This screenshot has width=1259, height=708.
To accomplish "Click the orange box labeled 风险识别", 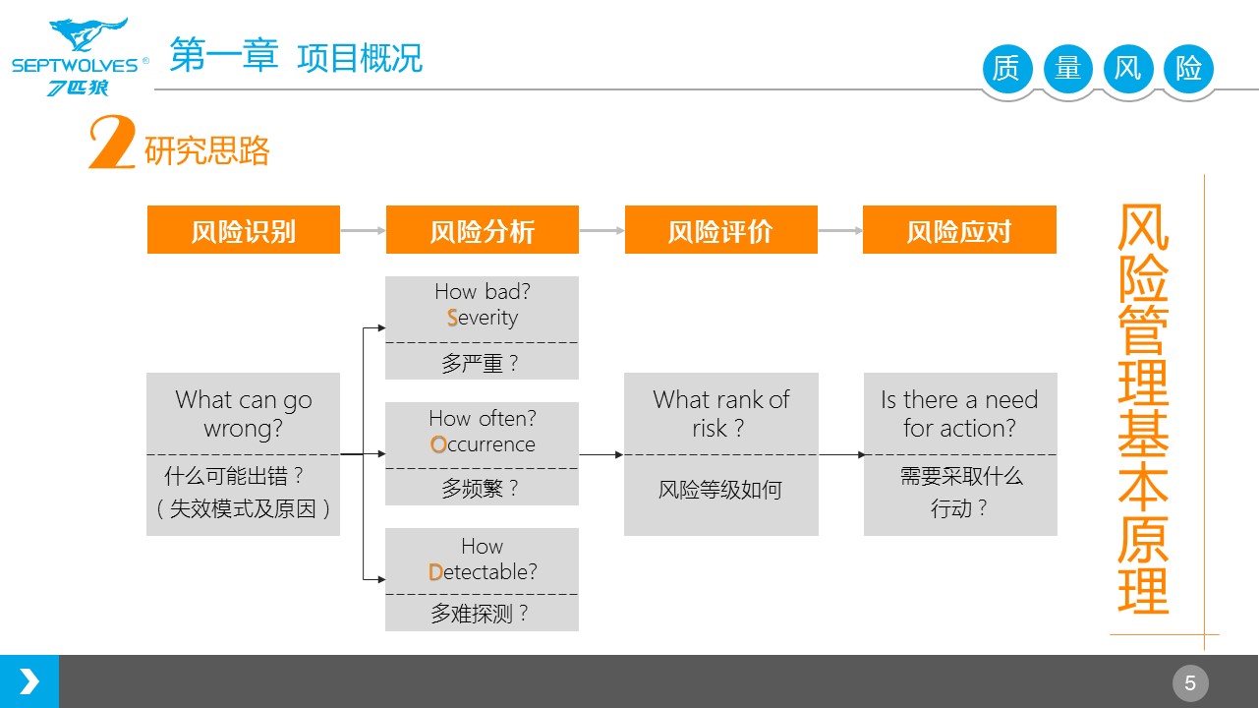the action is point(244,229).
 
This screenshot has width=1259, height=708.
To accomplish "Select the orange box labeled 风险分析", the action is point(483,229).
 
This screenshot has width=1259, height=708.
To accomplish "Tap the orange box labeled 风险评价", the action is point(721,229).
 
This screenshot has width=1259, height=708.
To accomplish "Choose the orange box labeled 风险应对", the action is point(959,229).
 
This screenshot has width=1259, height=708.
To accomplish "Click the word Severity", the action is point(483,318).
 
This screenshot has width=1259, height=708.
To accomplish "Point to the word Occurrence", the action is point(483,444).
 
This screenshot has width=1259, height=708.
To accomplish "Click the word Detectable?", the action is point(483,571).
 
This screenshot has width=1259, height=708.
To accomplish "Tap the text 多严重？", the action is point(481,363).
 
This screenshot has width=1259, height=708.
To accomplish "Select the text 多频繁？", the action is point(481,488).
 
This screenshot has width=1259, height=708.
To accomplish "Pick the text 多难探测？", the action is point(481,613).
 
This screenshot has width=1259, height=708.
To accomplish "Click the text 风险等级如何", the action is point(720,490).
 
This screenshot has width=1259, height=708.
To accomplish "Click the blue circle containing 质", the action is point(1007,69).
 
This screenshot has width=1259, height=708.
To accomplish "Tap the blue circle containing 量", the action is point(1068,69).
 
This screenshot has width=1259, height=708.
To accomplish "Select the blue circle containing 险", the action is point(1189,69).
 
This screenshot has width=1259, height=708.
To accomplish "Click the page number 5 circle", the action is point(1190,683).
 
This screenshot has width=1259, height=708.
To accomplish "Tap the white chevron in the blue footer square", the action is point(29,681).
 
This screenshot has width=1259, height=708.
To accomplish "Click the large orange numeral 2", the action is point(112,142).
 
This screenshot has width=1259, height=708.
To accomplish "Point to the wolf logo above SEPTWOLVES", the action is point(87,33).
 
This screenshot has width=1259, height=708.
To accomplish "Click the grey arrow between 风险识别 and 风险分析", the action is point(363,230).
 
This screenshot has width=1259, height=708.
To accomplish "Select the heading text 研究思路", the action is point(206,150).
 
